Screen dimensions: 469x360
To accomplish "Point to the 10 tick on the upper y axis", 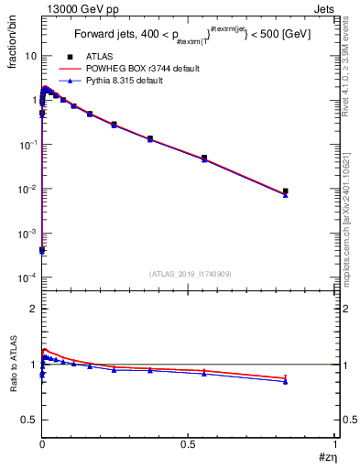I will [x=30, y=56].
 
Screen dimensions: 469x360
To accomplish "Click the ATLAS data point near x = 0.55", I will [x=204, y=158].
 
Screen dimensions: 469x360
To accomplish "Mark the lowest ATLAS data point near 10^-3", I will [x=42, y=249].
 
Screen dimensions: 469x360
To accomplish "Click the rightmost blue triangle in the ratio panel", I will [x=286, y=382].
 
